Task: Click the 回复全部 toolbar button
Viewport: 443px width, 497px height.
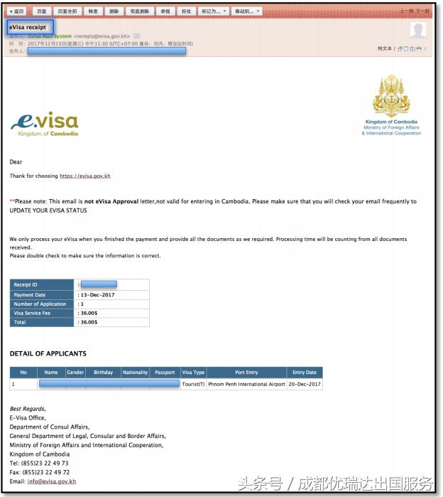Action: (69, 11)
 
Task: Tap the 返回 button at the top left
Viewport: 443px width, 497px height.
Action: (16, 11)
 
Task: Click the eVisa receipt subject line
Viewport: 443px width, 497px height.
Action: (28, 27)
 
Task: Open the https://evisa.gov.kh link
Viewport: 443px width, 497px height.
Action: (85, 176)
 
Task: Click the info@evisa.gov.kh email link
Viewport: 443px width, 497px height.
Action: (52, 481)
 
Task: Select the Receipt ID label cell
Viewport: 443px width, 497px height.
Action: (42, 284)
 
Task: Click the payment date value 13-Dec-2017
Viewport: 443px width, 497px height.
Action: (100, 294)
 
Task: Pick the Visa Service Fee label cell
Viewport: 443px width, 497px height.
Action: (42, 313)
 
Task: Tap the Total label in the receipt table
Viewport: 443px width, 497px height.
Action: (42, 322)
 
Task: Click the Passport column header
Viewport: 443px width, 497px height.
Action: (165, 373)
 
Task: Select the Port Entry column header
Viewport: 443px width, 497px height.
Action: (246, 373)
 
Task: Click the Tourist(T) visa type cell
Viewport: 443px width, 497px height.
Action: (193, 384)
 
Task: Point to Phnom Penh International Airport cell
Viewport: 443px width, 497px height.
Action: (246, 384)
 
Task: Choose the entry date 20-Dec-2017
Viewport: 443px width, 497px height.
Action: (305, 384)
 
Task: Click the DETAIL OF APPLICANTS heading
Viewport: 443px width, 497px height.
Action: (48, 353)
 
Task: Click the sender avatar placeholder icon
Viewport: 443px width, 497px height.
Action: (418, 30)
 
